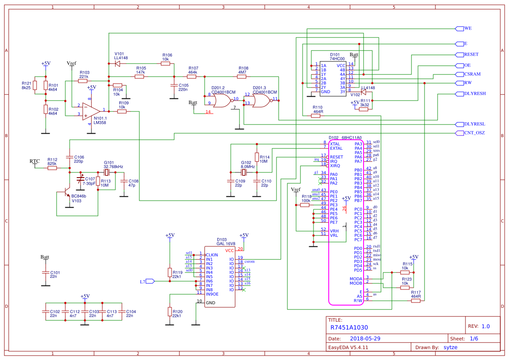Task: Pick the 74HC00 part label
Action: (x=337, y=59)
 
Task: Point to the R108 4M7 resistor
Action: (x=242, y=77)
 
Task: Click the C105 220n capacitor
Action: (x=174, y=85)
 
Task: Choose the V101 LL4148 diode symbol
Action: (x=117, y=64)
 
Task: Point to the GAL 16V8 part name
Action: (x=226, y=244)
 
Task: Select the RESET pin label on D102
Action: (x=336, y=157)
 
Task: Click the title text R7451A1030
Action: (x=349, y=327)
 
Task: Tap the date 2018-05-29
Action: (x=365, y=338)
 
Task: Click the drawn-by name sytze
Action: (x=450, y=347)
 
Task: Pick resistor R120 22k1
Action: (x=169, y=311)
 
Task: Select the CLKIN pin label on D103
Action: (x=212, y=255)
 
